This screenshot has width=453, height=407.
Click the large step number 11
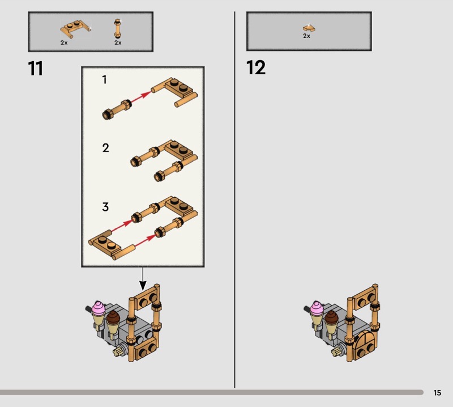click(35, 69)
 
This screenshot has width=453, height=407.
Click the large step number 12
click(256, 67)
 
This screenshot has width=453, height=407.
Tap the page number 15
click(437, 392)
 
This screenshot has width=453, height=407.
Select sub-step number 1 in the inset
click(105, 79)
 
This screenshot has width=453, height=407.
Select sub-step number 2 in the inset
click(105, 148)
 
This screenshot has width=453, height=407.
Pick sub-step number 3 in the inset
click(105, 207)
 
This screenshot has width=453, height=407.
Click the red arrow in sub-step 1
click(141, 97)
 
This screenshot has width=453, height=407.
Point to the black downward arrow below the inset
click(143, 278)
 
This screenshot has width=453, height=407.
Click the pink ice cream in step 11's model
click(98, 308)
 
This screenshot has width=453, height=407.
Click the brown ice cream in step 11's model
click(113, 317)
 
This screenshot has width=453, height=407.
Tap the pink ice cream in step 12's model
click(317, 308)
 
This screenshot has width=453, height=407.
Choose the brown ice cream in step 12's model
click(331, 317)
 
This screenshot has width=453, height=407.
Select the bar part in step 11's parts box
click(118, 28)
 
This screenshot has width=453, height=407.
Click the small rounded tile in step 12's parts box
click(309, 28)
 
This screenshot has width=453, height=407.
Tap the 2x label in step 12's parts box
click(306, 36)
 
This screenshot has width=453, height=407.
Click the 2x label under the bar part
click(118, 43)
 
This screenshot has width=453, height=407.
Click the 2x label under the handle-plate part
click(64, 43)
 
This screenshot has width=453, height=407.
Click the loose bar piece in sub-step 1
click(117, 109)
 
